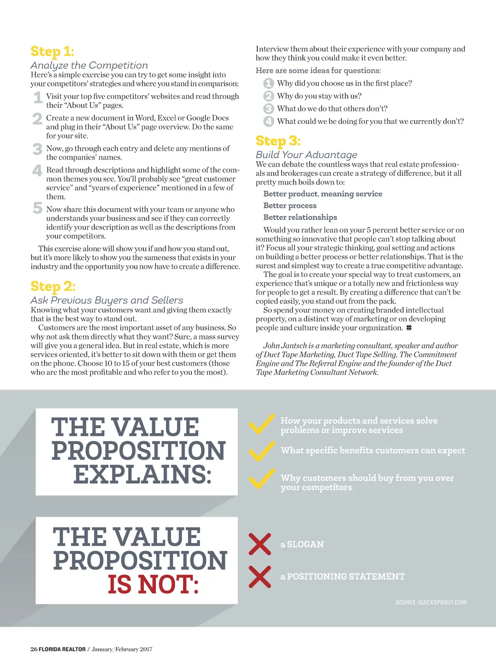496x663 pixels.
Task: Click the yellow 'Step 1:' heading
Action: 52,51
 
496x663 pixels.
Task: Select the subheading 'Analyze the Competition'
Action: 89,65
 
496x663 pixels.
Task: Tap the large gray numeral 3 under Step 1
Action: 37,149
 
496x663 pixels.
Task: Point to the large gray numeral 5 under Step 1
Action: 37,208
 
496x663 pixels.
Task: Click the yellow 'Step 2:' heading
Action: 53,287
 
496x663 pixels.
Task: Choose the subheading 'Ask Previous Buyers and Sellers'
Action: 107,300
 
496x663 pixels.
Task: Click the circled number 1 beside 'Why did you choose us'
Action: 268,83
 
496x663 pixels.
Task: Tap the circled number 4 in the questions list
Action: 268,122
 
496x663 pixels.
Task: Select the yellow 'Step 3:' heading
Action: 278,141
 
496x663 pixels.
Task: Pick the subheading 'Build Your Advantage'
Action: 306,155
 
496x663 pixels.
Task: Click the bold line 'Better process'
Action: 290,206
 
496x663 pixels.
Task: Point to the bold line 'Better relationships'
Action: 300,217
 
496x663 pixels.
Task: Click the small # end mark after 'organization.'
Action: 409,328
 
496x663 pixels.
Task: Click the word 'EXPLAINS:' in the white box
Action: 142,475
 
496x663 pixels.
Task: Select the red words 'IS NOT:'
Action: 153,585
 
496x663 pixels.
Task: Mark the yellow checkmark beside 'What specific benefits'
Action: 262,451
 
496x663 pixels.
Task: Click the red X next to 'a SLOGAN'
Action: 260,544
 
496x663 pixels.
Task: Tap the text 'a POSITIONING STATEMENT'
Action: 342,577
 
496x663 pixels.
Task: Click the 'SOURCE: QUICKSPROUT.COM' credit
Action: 431,602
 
